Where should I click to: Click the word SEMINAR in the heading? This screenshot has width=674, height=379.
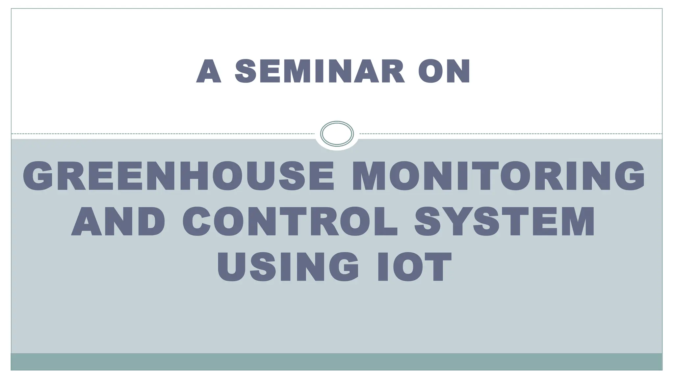(320, 71)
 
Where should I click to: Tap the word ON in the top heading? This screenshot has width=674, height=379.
(444, 71)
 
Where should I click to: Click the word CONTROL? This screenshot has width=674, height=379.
(290, 221)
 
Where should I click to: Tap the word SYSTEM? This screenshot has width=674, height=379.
(505, 221)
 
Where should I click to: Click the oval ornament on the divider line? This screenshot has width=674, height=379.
(337, 134)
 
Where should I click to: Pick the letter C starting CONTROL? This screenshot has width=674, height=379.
(197, 221)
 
